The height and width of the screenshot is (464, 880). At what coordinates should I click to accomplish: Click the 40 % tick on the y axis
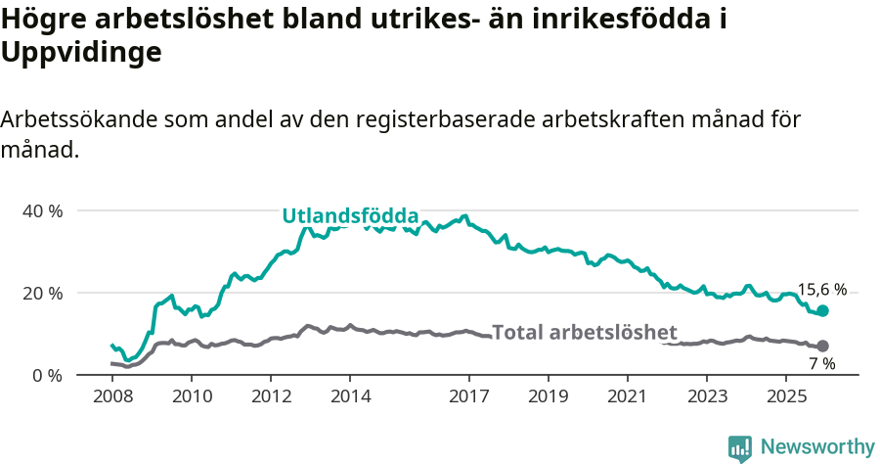tap(42, 211)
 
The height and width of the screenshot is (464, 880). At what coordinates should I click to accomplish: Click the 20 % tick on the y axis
tap(42, 294)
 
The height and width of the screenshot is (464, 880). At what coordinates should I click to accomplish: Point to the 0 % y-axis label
tap(46, 376)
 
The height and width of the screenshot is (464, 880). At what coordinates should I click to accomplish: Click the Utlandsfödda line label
tap(350, 216)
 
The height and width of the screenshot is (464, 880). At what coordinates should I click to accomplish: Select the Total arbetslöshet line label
tap(584, 332)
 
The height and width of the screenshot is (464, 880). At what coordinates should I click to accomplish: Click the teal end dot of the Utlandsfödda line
tap(822, 310)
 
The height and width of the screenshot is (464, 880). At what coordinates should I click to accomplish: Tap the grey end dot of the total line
tap(822, 346)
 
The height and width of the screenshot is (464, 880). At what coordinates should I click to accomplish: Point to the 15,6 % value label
tap(821, 290)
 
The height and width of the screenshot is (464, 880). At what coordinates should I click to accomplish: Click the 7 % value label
tap(821, 364)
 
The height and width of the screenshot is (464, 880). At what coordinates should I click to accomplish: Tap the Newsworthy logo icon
tap(740, 447)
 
